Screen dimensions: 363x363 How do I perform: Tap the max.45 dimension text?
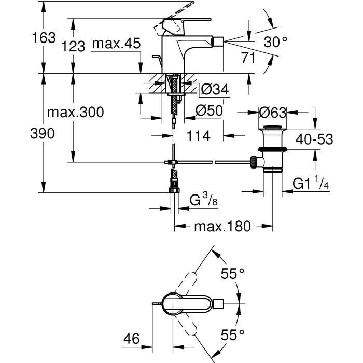tap(116, 44)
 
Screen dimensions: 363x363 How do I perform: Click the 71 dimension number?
tap(248, 58)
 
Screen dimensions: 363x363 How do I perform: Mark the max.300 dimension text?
tap(75, 111)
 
